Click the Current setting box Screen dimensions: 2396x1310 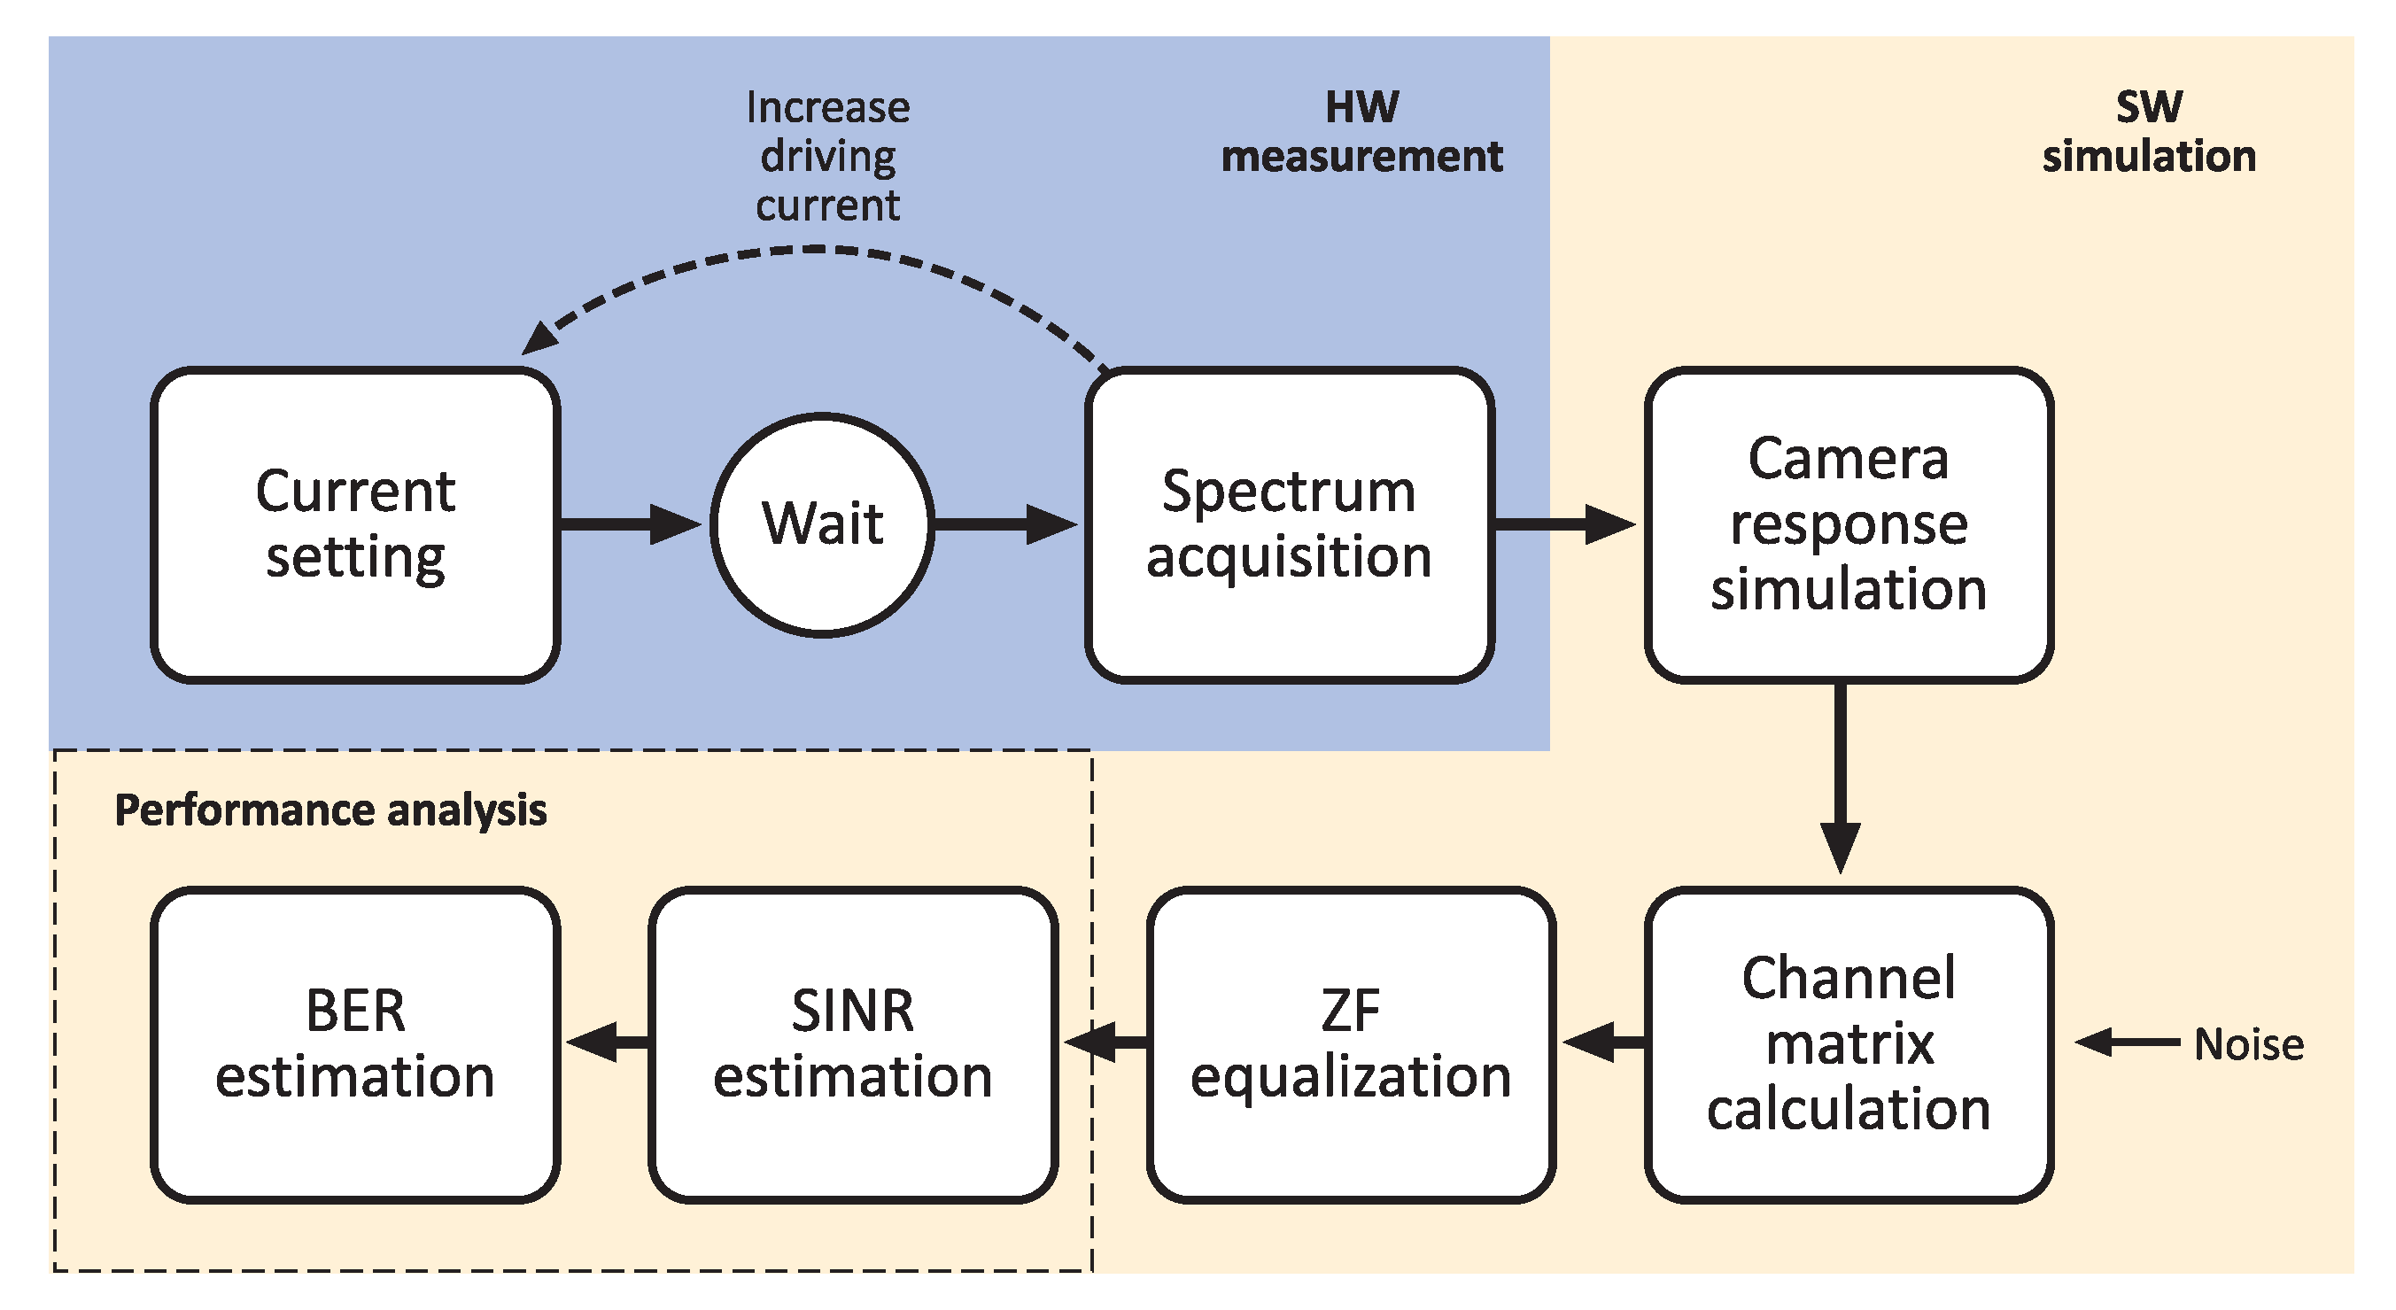click(x=355, y=524)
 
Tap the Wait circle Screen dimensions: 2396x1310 click(x=823, y=524)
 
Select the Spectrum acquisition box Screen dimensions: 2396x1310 click(x=1289, y=524)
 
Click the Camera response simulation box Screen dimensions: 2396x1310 click(x=1849, y=524)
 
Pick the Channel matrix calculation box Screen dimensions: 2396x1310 click(x=1849, y=1045)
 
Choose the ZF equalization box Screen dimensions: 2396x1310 click(x=1352, y=1045)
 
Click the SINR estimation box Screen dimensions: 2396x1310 click(x=853, y=1045)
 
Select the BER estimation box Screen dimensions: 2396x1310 click(x=355, y=1045)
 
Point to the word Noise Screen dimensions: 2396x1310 click(x=2249, y=1045)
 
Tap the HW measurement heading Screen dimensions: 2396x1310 click(x=1361, y=131)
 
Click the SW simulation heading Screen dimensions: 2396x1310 click(x=2150, y=131)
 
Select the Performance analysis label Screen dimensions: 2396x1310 click(x=330, y=810)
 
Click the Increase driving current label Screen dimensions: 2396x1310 click(x=828, y=156)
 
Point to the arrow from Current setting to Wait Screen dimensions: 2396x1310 click(x=631, y=524)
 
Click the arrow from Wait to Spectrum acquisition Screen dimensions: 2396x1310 click(x=1006, y=524)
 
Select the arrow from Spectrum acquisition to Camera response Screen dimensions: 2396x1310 click(x=1565, y=524)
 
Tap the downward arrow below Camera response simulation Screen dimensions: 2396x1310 click(x=1841, y=779)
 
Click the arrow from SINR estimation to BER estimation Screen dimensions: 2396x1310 click(x=608, y=1042)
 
